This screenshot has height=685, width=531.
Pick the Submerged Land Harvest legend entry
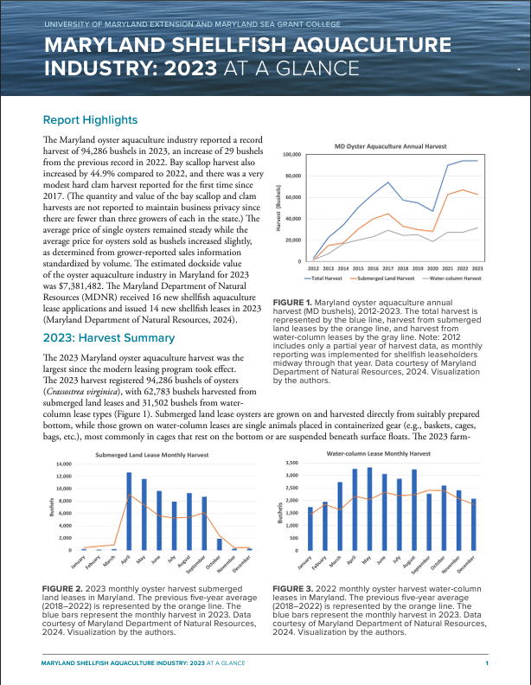click(385, 278)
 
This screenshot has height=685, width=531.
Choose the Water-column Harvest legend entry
click(454, 278)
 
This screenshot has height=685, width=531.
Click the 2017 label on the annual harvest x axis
click(387, 269)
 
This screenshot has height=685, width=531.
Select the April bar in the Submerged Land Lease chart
click(129, 511)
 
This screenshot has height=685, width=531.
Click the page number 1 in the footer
click(487, 663)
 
